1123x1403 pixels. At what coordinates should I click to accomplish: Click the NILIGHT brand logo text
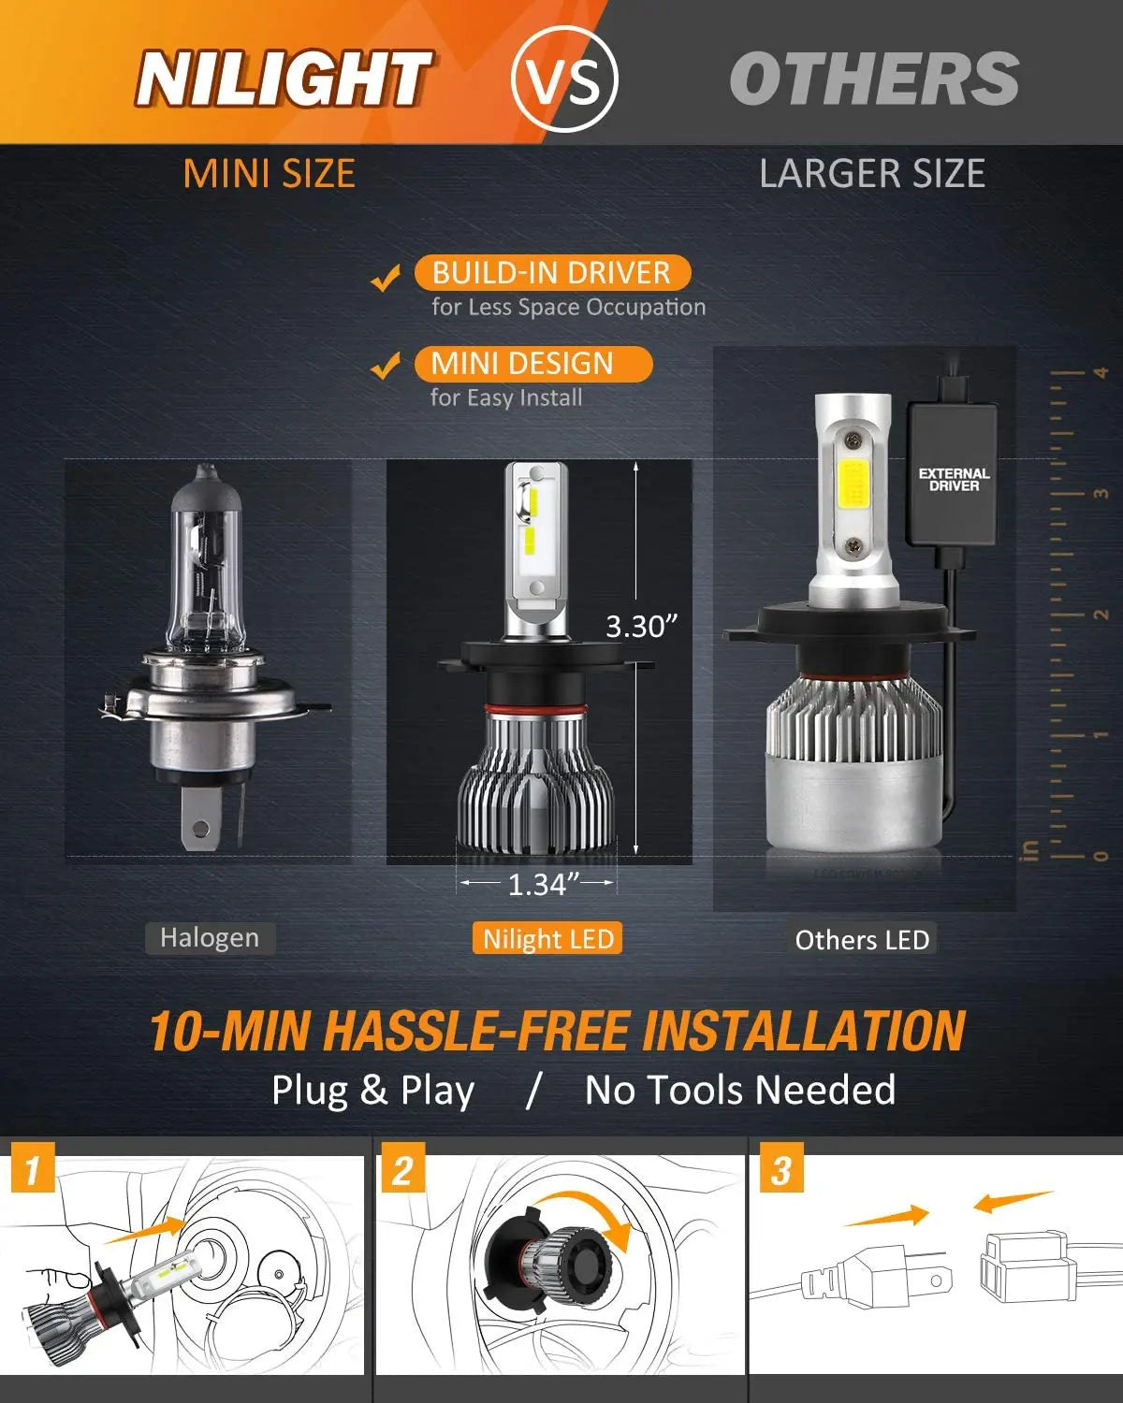(x=283, y=79)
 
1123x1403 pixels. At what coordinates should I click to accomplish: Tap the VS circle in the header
(x=565, y=79)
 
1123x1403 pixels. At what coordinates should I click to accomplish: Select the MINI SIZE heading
(x=269, y=174)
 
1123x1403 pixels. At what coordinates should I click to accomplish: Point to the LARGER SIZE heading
(x=871, y=174)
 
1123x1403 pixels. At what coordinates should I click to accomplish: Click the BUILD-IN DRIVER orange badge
(x=551, y=273)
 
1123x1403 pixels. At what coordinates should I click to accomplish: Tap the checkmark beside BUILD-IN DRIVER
(x=386, y=278)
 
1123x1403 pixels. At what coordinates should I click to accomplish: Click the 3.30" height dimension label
(x=641, y=626)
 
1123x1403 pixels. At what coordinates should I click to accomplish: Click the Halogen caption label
(x=210, y=938)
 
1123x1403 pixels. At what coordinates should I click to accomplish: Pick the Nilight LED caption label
(x=548, y=939)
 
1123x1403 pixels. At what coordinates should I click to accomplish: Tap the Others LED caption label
(x=862, y=940)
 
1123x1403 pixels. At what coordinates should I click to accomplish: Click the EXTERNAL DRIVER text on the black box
(x=954, y=480)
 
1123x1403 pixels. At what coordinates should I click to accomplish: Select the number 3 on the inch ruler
(x=1101, y=493)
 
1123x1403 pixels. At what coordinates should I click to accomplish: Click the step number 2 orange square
(x=402, y=1170)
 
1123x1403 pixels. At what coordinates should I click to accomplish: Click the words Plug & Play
(x=372, y=1091)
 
